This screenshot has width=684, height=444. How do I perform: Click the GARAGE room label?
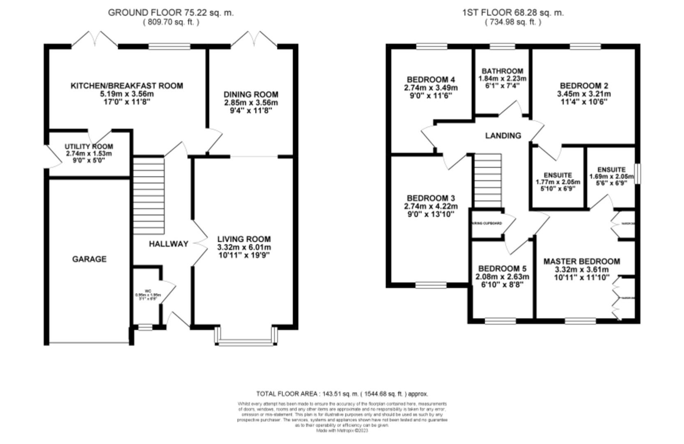(x=89, y=259)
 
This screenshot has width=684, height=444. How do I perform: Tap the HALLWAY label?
(x=169, y=244)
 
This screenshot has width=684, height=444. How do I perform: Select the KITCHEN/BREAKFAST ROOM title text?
(x=127, y=86)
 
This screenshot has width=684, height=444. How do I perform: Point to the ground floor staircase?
(x=148, y=195)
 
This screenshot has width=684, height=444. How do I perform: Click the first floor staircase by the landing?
(x=488, y=181)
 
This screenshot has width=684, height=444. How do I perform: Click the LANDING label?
(x=503, y=136)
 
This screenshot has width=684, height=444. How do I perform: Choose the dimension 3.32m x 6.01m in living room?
(x=244, y=247)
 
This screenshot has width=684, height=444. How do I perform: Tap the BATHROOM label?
(x=502, y=71)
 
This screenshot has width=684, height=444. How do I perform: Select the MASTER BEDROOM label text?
(x=582, y=261)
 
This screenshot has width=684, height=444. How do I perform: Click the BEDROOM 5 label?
(x=502, y=268)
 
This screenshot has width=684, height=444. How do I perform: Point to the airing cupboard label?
(x=487, y=223)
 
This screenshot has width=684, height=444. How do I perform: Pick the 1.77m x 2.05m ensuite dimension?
(x=558, y=182)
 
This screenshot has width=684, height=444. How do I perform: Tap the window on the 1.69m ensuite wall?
(x=637, y=173)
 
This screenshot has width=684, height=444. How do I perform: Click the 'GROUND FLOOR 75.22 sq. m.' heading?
(x=171, y=12)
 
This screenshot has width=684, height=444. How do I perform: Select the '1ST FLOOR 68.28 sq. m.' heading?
(x=513, y=12)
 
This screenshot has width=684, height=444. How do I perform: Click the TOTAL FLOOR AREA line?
(x=342, y=394)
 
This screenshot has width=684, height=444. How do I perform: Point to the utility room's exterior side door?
(x=46, y=156)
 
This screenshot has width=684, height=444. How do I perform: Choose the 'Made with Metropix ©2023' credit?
(x=342, y=431)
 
